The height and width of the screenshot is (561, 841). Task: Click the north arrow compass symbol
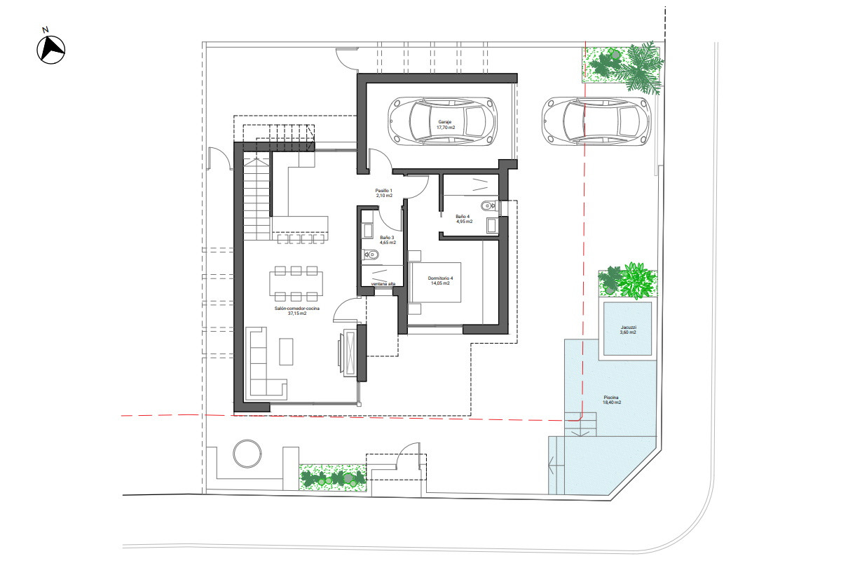50,49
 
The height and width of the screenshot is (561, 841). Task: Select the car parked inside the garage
443,121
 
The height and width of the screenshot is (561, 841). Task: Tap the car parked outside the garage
596,121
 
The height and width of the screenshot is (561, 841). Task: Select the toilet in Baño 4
489,205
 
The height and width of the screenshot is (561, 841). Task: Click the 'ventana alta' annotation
383,284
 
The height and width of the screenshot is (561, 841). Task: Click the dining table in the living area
296,283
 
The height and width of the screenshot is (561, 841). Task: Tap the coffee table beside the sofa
286,352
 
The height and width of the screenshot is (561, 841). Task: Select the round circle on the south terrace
247,454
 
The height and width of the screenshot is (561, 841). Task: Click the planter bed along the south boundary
333,478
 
